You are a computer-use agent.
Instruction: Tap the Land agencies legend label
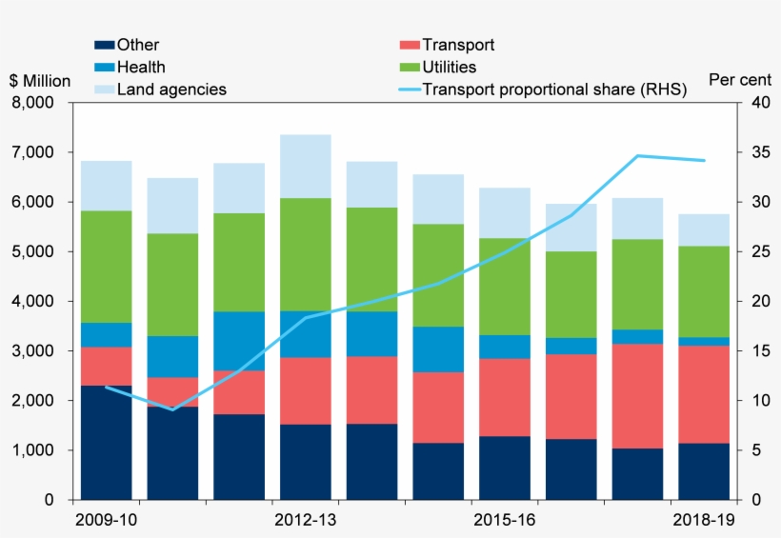pos(170,89)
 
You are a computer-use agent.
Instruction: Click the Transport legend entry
pos(457,45)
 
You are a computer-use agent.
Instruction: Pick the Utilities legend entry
pos(449,67)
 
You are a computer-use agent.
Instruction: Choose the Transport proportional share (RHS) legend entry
pos(553,89)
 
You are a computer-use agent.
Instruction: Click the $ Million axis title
pos(40,81)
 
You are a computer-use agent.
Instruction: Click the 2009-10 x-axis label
pos(106,521)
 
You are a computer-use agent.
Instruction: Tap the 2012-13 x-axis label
pos(305,521)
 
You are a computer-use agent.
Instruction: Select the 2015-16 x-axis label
pos(505,521)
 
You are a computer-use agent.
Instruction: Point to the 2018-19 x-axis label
pos(704,521)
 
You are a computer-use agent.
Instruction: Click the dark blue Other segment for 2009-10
pos(106,443)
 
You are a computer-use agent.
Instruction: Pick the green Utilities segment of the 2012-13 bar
pos(305,254)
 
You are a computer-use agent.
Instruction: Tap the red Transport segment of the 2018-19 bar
pos(704,394)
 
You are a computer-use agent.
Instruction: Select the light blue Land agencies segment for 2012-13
pos(305,166)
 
